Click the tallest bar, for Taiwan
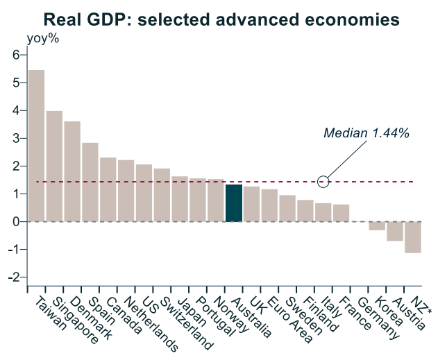(36, 146)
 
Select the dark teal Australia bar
(234, 203)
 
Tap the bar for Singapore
(54, 166)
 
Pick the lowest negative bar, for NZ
(413, 237)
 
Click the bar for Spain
(90, 182)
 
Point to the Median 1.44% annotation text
(366, 132)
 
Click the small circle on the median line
(323, 182)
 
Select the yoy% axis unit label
(42, 38)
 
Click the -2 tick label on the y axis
(13, 277)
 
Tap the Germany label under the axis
(380, 320)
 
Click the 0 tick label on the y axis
(15, 222)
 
